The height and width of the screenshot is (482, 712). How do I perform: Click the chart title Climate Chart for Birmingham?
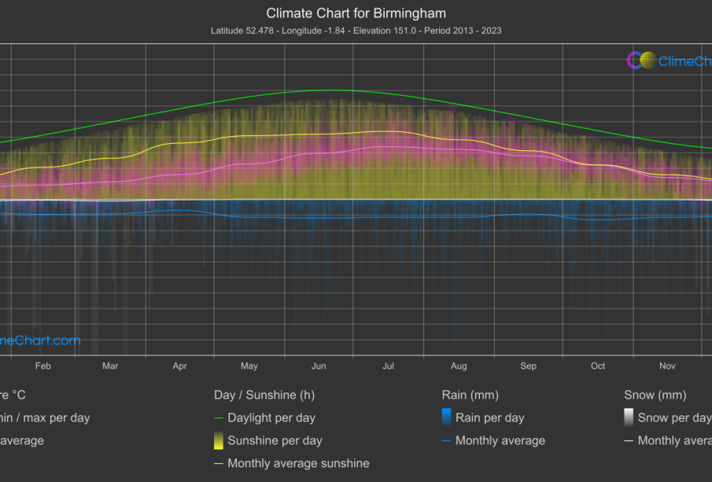pos(356,13)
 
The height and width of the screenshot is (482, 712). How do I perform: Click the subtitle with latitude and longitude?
pos(356,31)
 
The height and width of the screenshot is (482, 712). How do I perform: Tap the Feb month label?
pos(43,366)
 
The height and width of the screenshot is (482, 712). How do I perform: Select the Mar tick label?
pos(110,366)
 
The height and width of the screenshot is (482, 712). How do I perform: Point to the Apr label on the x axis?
pos(179,366)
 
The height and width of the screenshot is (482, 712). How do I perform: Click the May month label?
pos(249,366)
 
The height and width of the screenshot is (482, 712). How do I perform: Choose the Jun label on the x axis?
pos(319,366)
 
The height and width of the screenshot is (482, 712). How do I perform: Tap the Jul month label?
pos(389,366)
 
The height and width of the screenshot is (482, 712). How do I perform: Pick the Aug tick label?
pos(459,366)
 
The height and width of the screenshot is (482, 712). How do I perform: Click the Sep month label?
pos(528,366)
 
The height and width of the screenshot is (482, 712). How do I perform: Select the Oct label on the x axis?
pos(598,366)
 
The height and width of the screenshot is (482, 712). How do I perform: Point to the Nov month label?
pos(667,366)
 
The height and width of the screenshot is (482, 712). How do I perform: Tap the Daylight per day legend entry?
pos(271,418)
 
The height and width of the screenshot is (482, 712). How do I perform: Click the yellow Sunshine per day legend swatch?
pos(218,440)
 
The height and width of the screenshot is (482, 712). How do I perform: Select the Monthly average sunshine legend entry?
pos(297,463)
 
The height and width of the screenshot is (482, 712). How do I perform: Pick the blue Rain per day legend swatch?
pos(446,418)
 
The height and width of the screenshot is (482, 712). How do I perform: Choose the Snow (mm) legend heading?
pos(655,395)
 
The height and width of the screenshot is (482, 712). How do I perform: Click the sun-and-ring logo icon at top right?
pos(641,61)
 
